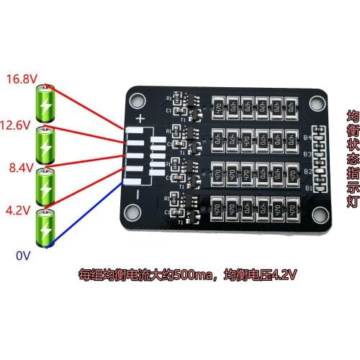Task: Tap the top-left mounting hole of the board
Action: click(x=136, y=99)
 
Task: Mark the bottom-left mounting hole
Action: click(x=131, y=211)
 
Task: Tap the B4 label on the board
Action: click(x=307, y=137)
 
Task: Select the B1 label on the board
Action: click(x=307, y=189)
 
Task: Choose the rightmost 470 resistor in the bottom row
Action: click(x=292, y=207)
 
